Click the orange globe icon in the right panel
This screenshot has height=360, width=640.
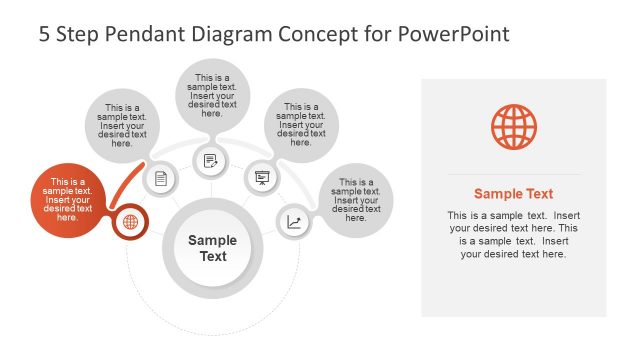(513, 129)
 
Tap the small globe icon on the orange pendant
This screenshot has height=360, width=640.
(130, 222)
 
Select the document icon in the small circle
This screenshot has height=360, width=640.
(161, 179)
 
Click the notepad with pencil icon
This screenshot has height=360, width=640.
(211, 160)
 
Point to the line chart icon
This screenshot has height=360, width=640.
(293, 222)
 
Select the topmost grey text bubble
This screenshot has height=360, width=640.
(212, 96)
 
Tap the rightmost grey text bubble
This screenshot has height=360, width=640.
(356, 200)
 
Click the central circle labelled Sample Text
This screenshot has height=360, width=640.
(212, 248)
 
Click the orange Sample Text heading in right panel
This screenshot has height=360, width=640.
(513, 194)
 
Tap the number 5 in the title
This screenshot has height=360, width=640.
(45, 34)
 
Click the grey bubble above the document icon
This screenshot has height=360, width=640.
(122, 126)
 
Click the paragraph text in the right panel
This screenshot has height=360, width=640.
(513, 235)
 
